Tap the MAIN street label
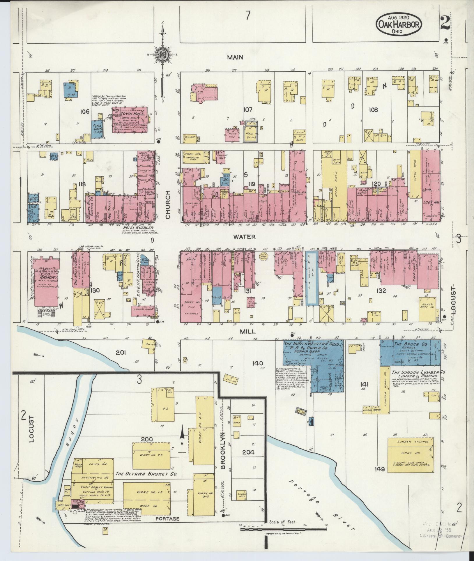pos(235,58)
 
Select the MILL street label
pos(247,331)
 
